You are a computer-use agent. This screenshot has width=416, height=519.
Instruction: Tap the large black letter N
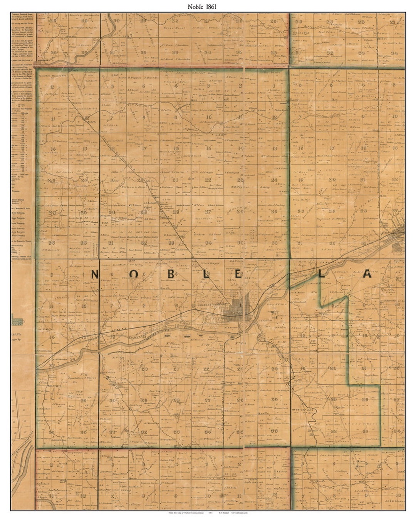(x=96, y=274)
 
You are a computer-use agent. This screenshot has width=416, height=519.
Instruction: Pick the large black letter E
(x=238, y=274)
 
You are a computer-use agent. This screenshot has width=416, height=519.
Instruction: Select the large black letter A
(x=367, y=274)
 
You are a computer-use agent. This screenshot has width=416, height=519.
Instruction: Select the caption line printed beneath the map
(x=208, y=513)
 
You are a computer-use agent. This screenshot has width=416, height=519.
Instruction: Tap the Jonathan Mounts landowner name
(x=50, y=77)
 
